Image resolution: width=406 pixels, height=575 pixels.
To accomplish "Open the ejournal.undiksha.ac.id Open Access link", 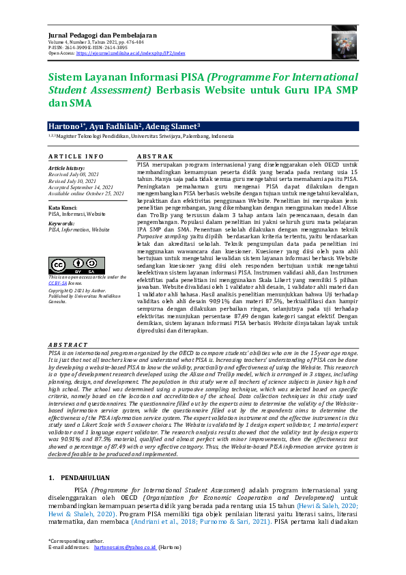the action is (x=130, y=53).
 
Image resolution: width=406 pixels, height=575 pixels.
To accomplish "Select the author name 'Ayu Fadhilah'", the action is (x=115, y=126).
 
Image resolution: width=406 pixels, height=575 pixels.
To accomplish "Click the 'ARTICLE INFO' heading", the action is (x=76, y=156).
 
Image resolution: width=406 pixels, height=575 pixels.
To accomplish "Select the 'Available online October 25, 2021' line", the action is (x=86, y=193).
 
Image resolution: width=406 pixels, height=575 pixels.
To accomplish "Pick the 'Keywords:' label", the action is (x=61, y=223).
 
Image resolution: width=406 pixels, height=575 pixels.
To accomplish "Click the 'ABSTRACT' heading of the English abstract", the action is (x=68, y=345).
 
